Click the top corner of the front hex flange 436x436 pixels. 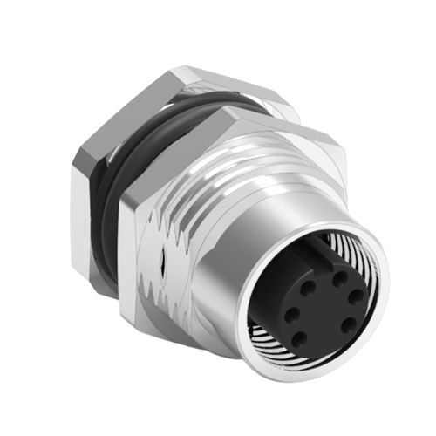tap(228, 109)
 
